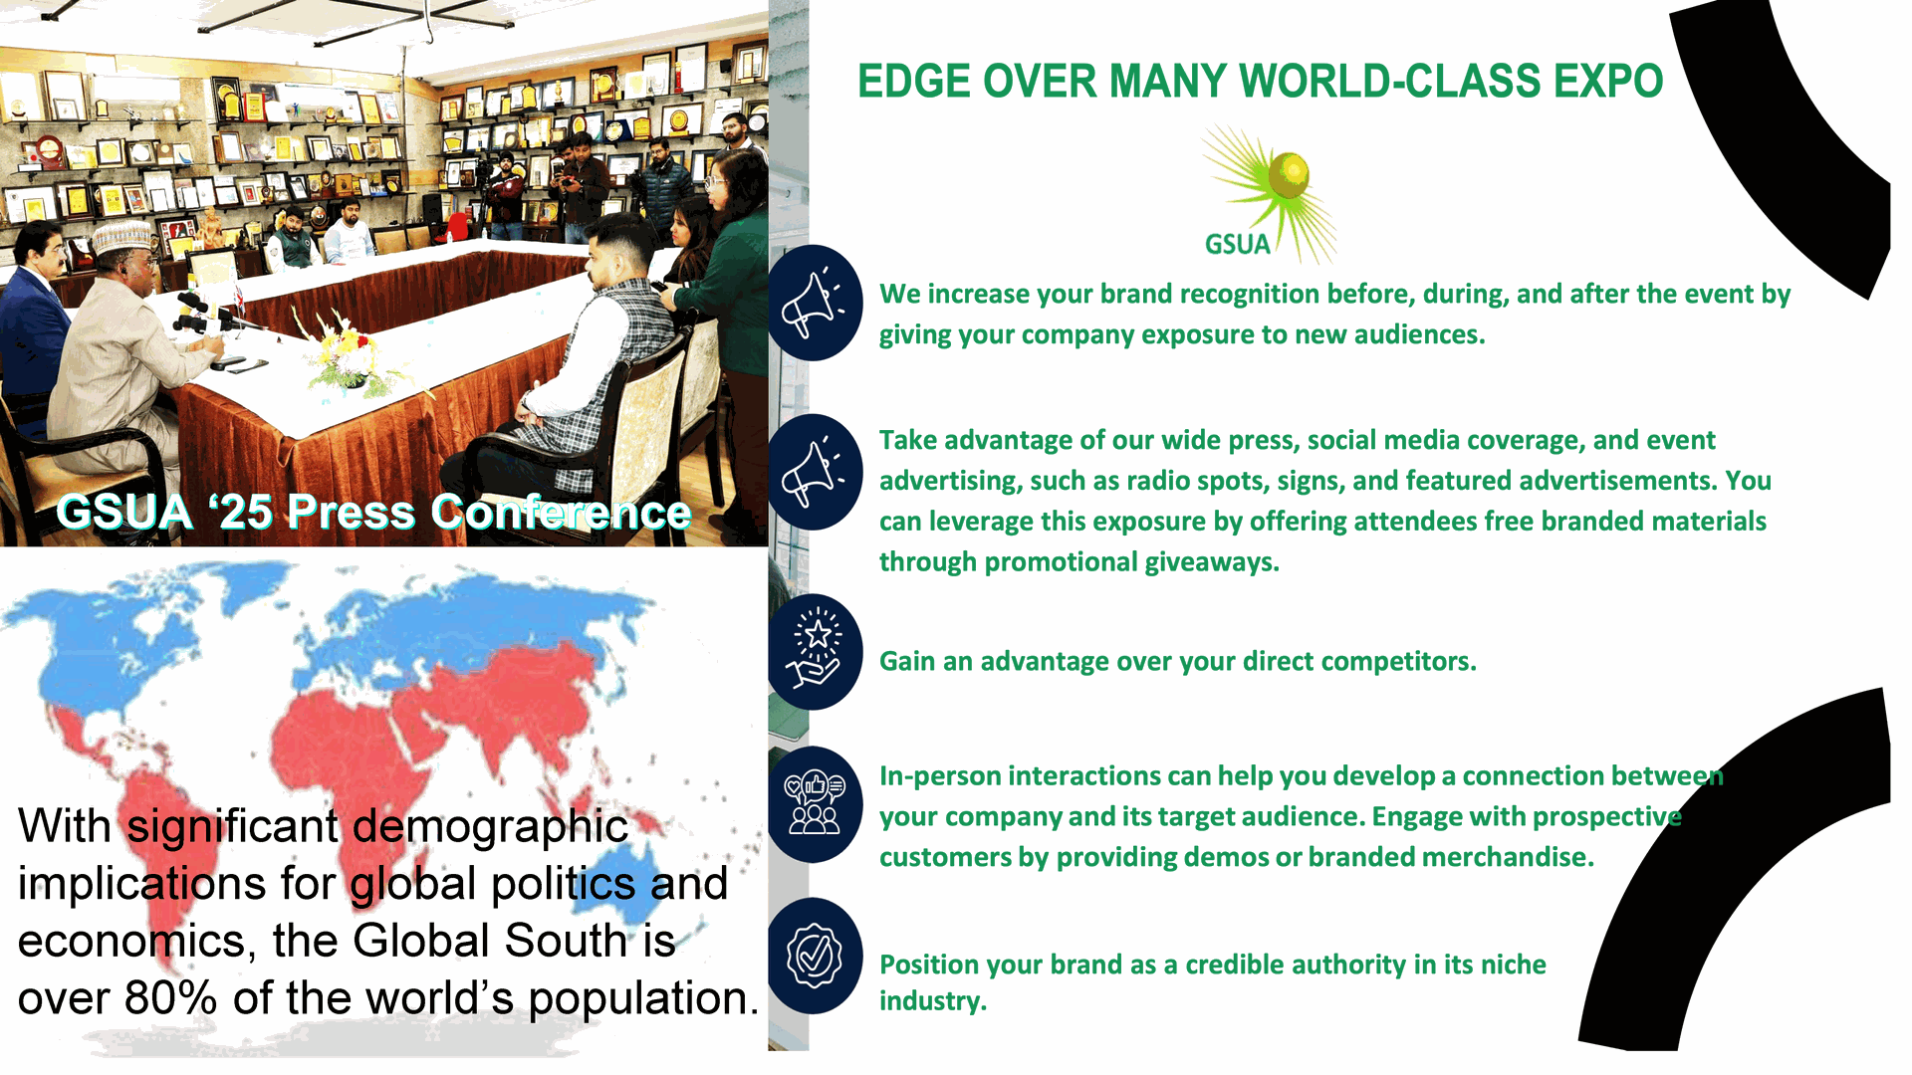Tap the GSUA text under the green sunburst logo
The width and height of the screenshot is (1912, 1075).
point(1237,245)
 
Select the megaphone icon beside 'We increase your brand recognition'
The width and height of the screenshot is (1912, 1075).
point(815,303)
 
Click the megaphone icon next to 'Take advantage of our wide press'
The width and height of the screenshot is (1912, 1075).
point(815,472)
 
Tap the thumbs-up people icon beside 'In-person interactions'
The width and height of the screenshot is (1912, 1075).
point(815,804)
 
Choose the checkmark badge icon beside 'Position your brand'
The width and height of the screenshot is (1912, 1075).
point(815,956)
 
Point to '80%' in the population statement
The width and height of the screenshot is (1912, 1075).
point(170,998)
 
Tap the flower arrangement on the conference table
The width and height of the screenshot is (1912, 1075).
point(344,353)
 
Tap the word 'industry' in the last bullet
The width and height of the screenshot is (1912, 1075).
point(933,1001)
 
